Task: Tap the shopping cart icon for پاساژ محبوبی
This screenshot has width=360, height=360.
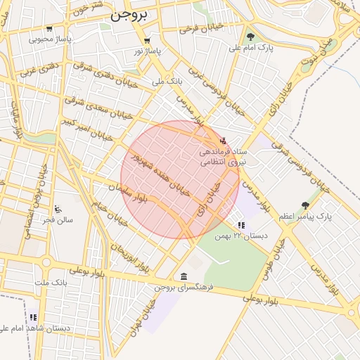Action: click(x=49, y=29)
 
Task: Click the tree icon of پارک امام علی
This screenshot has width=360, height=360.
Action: click(x=251, y=37)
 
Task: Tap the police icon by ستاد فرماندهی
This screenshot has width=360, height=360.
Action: click(x=224, y=139)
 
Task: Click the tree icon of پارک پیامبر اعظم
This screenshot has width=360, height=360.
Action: click(x=304, y=205)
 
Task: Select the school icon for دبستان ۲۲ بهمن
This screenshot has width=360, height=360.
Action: click(x=241, y=225)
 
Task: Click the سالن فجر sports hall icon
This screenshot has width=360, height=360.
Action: click(x=58, y=209)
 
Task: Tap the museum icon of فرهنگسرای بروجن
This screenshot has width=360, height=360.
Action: click(x=184, y=276)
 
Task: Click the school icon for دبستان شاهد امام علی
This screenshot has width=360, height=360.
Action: click(x=33, y=317)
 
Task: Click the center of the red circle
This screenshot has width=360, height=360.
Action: click(x=180, y=180)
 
